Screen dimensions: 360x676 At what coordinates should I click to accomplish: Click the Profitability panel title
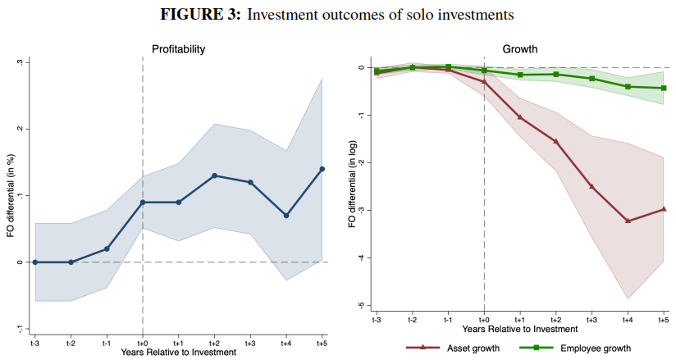pyautogui.click(x=178, y=49)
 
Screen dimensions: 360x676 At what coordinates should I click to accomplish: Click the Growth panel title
pyautogui.click(x=519, y=49)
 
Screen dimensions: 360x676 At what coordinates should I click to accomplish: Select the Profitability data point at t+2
pyautogui.click(x=214, y=175)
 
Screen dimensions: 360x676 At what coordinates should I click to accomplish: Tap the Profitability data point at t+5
pyautogui.click(x=322, y=169)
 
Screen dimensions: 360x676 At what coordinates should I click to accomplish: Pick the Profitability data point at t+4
pyautogui.click(x=286, y=216)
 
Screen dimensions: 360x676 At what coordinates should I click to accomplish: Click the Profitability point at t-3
pyautogui.click(x=34, y=262)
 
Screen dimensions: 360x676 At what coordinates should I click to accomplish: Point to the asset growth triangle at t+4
pyautogui.click(x=628, y=221)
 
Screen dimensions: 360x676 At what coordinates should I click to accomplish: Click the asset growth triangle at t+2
pyautogui.click(x=555, y=142)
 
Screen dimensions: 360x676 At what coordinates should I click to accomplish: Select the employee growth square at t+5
pyautogui.click(x=664, y=88)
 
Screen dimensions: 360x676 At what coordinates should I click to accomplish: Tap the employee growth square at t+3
pyautogui.click(x=591, y=79)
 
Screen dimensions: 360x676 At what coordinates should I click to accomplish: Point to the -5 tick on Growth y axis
pyautogui.click(x=360, y=306)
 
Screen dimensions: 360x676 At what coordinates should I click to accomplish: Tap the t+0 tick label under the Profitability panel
pyautogui.click(x=143, y=341)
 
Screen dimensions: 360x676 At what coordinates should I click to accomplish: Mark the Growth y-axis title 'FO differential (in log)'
pyautogui.click(x=351, y=187)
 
